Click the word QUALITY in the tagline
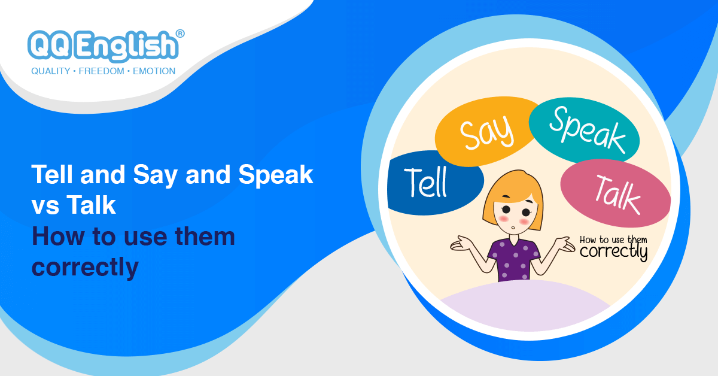point(50,71)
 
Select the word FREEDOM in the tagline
point(101,71)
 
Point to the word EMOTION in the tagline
point(153,71)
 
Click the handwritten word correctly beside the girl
point(613,251)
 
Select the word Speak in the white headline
point(276,175)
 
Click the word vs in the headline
point(44,206)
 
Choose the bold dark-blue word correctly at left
point(85,267)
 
